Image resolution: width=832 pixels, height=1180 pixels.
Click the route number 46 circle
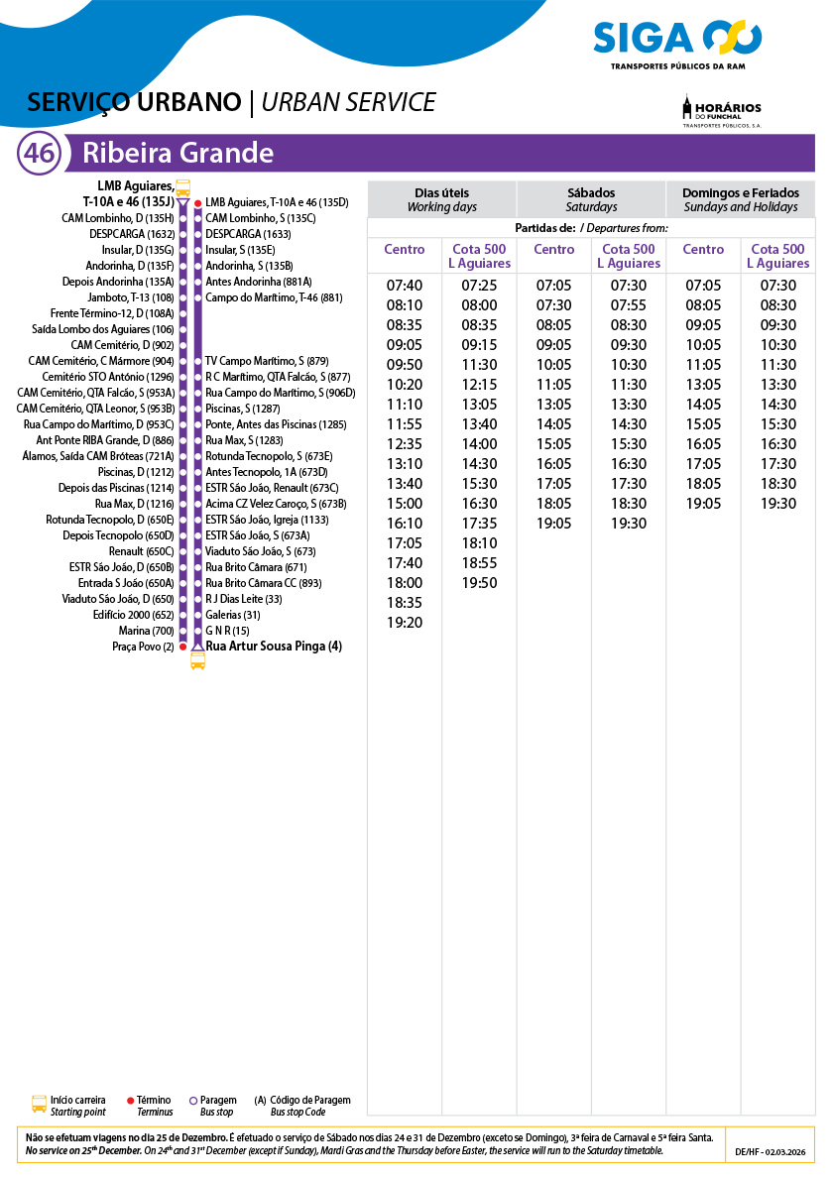tap(40, 154)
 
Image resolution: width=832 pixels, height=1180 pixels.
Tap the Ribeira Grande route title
tap(178, 154)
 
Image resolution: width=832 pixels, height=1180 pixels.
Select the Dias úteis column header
tap(441, 199)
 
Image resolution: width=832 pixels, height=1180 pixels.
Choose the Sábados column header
tap(591, 199)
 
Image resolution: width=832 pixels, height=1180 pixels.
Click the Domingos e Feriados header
tap(741, 199)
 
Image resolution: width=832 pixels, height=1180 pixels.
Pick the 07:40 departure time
tap(405, 286)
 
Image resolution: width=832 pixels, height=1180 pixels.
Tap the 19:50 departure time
tap(479, 583)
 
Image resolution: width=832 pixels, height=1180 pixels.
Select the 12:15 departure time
tap(479, 385)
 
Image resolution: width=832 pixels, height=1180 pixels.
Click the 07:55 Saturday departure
tap(629, 305)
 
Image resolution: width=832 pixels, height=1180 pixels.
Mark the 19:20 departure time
tap(405, 623)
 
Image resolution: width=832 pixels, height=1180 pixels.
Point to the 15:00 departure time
tap(405, 504)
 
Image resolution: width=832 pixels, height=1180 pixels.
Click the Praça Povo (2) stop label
tap(143, 647)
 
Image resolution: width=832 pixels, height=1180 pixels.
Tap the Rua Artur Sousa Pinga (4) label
tap(273, 647)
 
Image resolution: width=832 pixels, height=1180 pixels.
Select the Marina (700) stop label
tap(147, 631)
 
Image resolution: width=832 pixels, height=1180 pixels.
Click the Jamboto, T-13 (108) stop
tap(131, 297)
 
